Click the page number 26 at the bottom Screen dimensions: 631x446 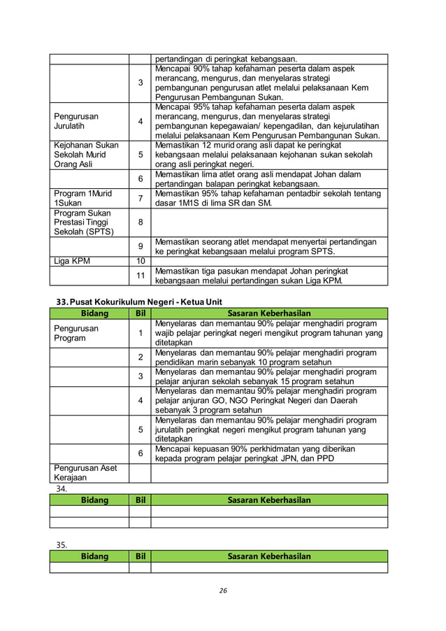pyautogui.click(x=223, y=590)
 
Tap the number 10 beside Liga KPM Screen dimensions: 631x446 pyautogui.click(x=140, y=261)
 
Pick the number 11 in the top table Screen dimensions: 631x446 pyautogui.click(x=140, y=276)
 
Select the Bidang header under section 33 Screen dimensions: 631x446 pyautogui.click(x=89, y=313)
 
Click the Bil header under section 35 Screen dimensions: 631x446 pyautogui.click(x=140, y=556)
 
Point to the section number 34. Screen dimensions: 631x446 pyautogui.click(x=62, y=489)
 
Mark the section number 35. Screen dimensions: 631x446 pyautogui.click(x=62, y=544)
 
